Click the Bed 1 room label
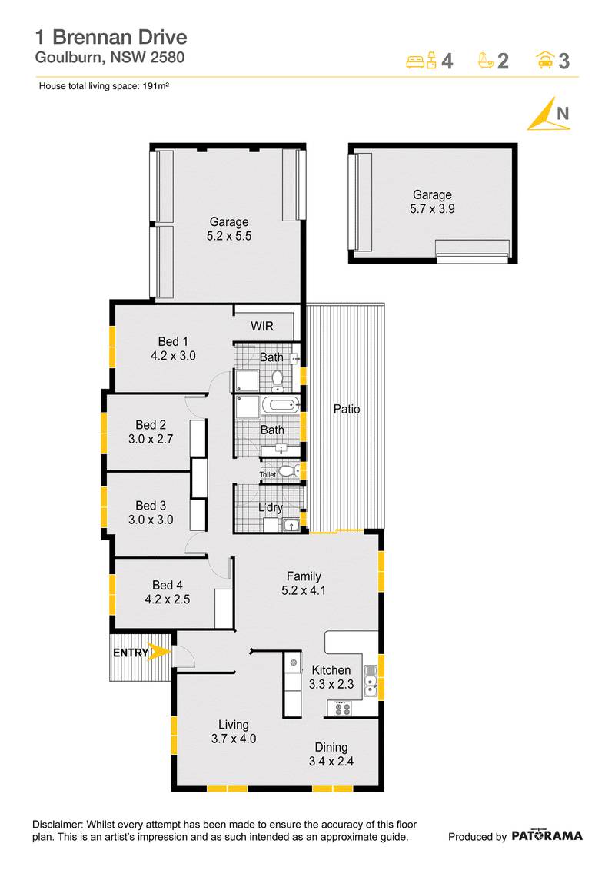(x=173, y=341)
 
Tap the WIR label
(x=262, y=327)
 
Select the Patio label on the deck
(x=347, y=409)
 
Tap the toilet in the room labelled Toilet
(x=286, y=471)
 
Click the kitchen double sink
(x=370, y=680)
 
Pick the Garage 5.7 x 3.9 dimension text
(x=431, y=208)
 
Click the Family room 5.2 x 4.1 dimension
(x=304, y=591)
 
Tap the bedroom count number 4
(x=447, y=61)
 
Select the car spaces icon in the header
(x=545, y=60)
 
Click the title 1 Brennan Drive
(x=111, y=36)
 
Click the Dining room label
(x=331, y=747)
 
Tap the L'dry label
(x=270, y=507)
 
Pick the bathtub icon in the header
(x=485, y=60)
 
